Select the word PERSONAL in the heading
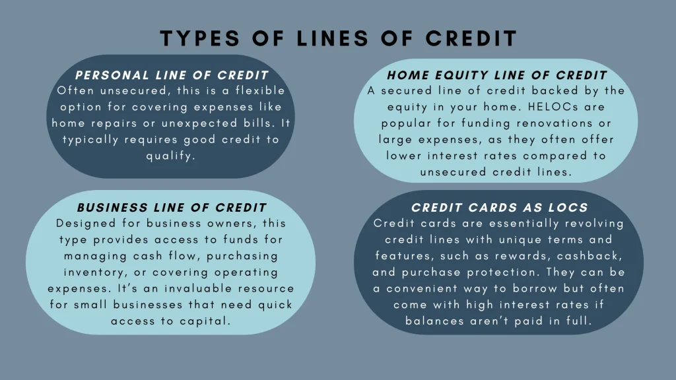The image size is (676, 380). [x=110, y=75]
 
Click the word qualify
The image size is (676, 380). [x=172, y=156]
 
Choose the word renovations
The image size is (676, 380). [x=560, y=123]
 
